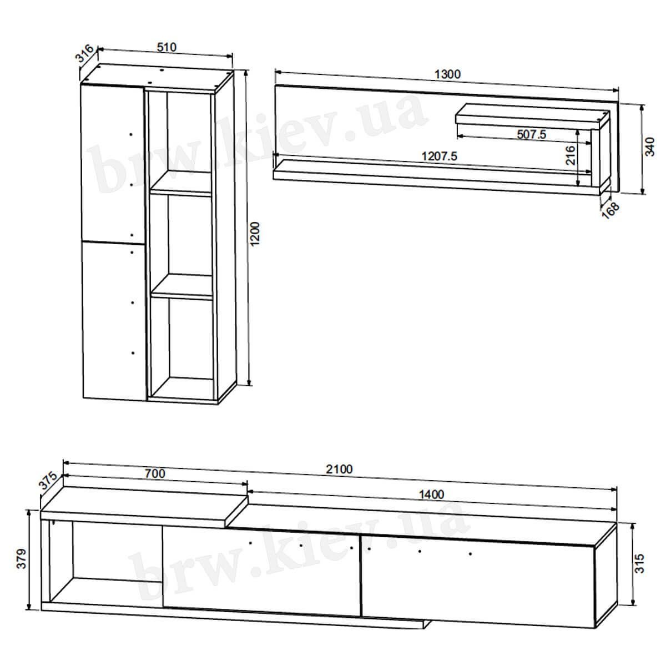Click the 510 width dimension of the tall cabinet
[167, 47]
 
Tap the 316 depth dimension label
[85, 53]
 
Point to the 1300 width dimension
[447, 74]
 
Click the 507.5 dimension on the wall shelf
[531, 134]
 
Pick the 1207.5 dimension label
[439, 156]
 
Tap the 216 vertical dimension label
[571, 155]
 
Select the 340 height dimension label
[650, 147]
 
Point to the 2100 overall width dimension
[339, 469]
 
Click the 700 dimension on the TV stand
[155, 473]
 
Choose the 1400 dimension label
[431, 495]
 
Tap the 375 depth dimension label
[48, 481]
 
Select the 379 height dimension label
[22, 558]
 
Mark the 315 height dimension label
[639, 563]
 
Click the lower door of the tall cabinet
[114, 321]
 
